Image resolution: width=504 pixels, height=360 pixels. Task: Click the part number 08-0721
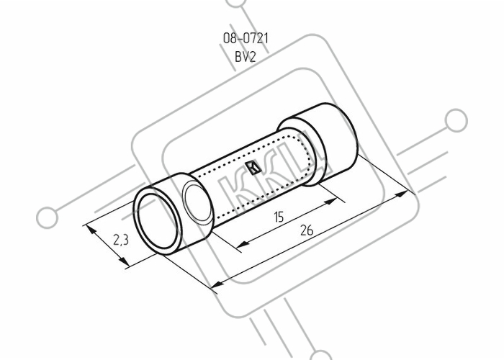click(246, 38)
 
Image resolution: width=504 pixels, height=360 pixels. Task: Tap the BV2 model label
click(246, 57)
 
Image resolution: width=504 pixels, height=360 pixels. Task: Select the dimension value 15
click(279, 217)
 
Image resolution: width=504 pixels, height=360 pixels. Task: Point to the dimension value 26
click(307, 230)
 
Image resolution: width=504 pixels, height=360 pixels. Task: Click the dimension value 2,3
click(120, 240)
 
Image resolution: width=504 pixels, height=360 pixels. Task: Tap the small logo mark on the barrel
click(253, 168)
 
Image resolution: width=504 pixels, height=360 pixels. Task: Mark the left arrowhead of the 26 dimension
click(217, 284)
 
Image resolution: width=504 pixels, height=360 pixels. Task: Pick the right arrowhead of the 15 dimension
click(330, 202)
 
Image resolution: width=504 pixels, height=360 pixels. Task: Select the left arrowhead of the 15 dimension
click(243, 244)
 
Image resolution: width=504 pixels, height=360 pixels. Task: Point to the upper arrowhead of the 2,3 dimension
click(91, 230)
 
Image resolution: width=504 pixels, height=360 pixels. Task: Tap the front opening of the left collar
click(156, 222)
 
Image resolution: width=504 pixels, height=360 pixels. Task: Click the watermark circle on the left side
click(48, 217)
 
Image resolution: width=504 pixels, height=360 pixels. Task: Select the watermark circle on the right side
click(456, 121)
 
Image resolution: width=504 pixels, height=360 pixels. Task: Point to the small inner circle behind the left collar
click(197, 202)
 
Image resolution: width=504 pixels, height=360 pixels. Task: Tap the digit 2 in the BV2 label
click(253, 57)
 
